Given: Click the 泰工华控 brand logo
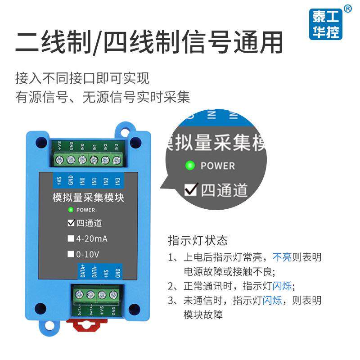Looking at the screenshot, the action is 327,24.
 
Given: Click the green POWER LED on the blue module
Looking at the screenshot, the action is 70,210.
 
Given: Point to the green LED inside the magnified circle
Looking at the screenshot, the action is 190,166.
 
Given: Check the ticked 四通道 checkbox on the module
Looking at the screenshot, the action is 71,223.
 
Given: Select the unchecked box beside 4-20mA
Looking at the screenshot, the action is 71,238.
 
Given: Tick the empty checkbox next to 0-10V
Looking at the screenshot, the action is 71,254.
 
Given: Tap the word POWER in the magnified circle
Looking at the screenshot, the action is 218,166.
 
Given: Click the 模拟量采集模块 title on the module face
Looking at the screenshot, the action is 88,197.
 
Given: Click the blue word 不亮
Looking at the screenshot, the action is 282,257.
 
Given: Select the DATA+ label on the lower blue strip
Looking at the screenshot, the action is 82,271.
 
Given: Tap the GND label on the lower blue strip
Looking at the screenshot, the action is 117,272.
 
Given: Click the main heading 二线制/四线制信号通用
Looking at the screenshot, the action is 149,43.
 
